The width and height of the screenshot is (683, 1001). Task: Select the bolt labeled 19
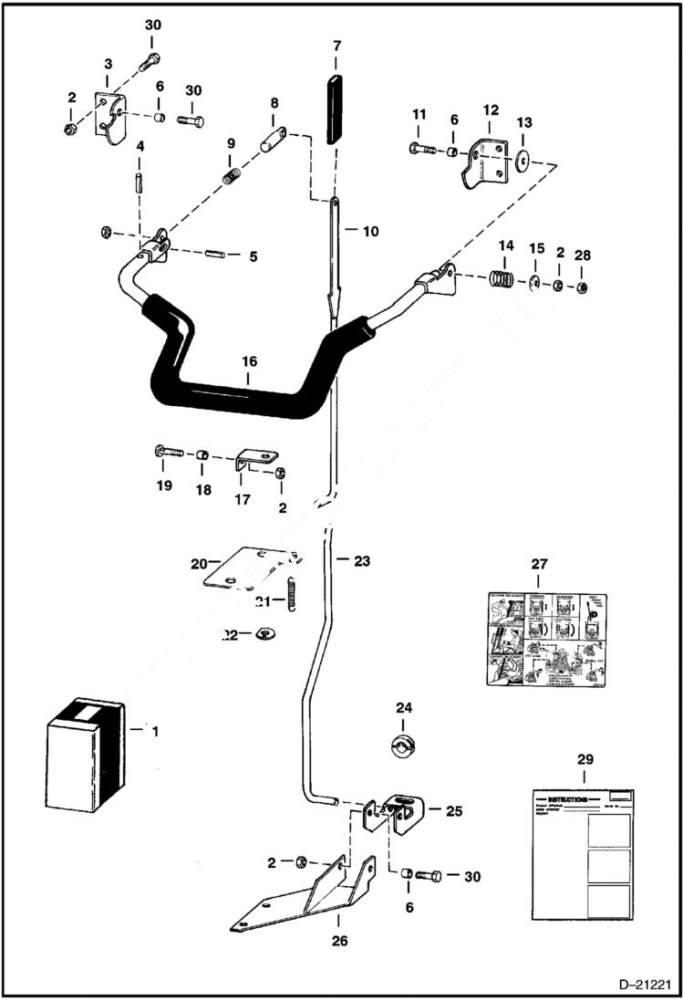coord(171,451)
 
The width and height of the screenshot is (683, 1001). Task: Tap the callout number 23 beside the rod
coord(362,561)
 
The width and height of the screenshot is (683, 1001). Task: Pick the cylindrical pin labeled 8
coord(273,141)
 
